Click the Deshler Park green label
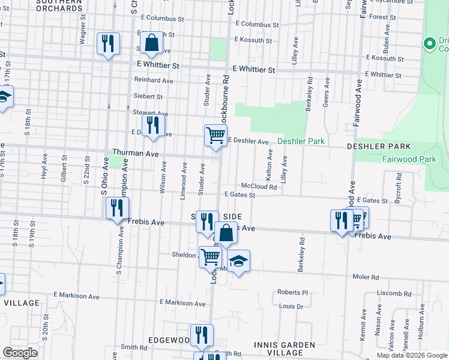click(301, 142)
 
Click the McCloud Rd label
click(259, 187)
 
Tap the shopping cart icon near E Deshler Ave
click(215, 135)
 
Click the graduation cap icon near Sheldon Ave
click(238, 261)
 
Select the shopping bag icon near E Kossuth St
click(151, 43)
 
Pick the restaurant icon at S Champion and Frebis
click(117, 208)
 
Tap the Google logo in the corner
click(20, 353)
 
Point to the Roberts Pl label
click(292, 292)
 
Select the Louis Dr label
click(291, 307)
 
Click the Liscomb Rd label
click(394, 294)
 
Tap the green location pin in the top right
click(429, 44)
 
